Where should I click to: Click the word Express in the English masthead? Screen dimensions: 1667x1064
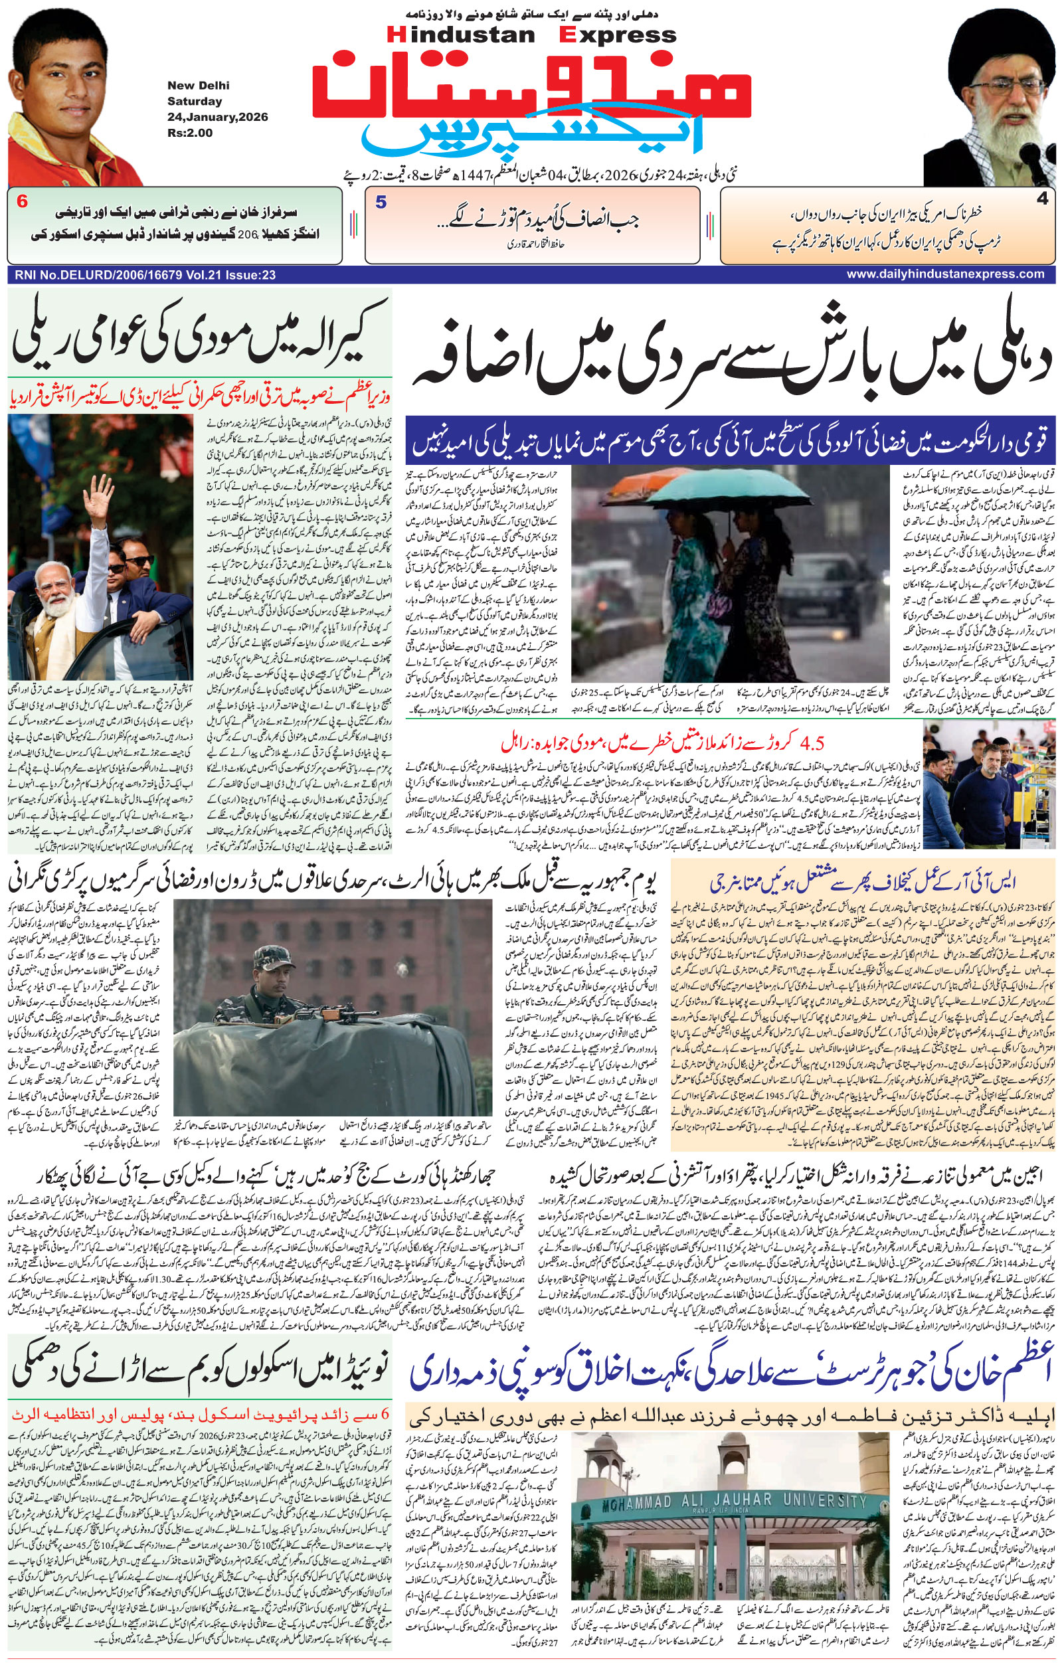pyautogui.click(x=618, y=34)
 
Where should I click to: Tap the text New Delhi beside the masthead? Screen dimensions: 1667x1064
pyautogui.click(x=198, y=85)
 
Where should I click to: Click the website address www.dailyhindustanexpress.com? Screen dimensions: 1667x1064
pyautogui.click(x=945, y=274)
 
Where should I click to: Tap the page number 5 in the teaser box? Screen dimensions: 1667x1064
pyautogui.click(x=381, y=203)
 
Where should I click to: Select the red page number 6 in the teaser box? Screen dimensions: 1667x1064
pyautogui.click(x=22, y=202)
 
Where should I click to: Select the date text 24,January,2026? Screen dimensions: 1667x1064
pyautogui.click(x=217, y=117)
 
